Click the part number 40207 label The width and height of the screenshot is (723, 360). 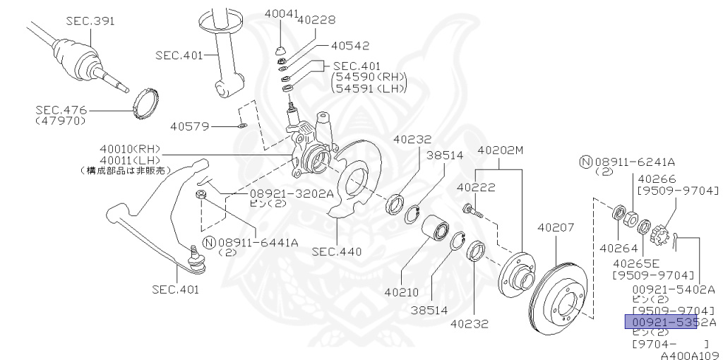coord(556,228)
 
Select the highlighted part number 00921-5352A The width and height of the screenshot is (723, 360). coord(661,322)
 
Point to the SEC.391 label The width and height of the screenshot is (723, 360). coord(89,21)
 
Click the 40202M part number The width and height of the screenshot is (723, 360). coord(501,150)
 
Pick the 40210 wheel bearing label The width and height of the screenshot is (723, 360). coord(402,292)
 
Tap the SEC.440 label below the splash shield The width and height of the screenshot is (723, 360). coord(337,251)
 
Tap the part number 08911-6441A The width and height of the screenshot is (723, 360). coord(258,242)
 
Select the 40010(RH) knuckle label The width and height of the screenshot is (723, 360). coord(130,149)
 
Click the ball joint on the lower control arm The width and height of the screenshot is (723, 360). coord(197,261)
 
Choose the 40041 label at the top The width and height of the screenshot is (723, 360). coord(281,13)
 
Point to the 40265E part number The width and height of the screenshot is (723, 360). coord(636,262)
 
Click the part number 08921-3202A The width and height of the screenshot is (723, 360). coord(290,193)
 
